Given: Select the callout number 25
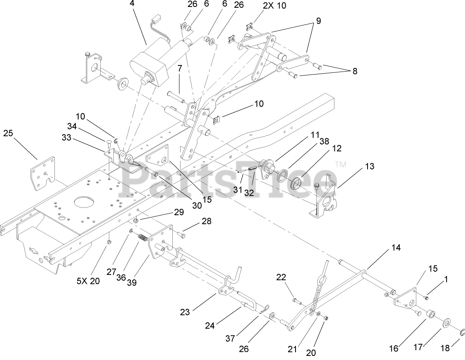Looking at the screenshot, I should point(9,133).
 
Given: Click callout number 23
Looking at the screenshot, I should point(185,312).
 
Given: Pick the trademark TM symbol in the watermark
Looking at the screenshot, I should point(340,164).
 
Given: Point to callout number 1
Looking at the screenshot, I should point(446,279).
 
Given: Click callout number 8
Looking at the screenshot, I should point(354,71).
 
